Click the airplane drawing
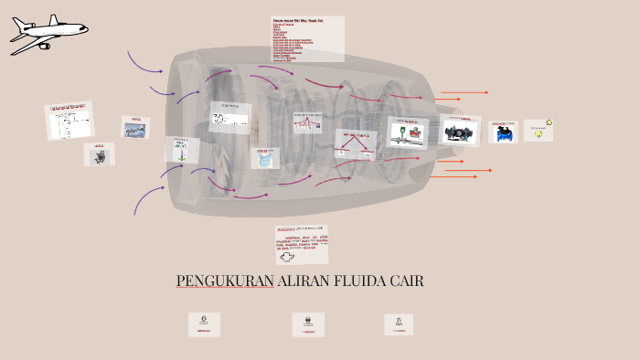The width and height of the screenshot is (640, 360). (x=46, y=35)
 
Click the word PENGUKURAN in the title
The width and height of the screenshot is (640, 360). (x=225, y=281)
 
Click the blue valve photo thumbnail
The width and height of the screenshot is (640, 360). (x=503, y=131)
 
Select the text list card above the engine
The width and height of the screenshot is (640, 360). (x=307, y=38)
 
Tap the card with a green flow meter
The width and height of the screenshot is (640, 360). (x=408, y=132)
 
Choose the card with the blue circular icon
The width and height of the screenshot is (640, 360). (x=265, y=157)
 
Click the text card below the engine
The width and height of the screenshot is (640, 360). (x=300, y=244)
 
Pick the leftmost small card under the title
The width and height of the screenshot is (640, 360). (x=204, y=323)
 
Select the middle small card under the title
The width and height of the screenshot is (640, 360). (x=308, y=323)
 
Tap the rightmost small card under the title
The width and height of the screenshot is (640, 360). (x=399, y=323)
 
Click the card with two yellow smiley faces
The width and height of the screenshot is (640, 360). (x=539, y=130)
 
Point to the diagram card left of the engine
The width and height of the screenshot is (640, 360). (x=70, y=121)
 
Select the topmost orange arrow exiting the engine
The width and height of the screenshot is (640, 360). (x=464, y=92)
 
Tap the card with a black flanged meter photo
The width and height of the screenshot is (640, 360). (x=461, y=131)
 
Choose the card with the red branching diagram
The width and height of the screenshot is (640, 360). (x=356, y=143)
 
